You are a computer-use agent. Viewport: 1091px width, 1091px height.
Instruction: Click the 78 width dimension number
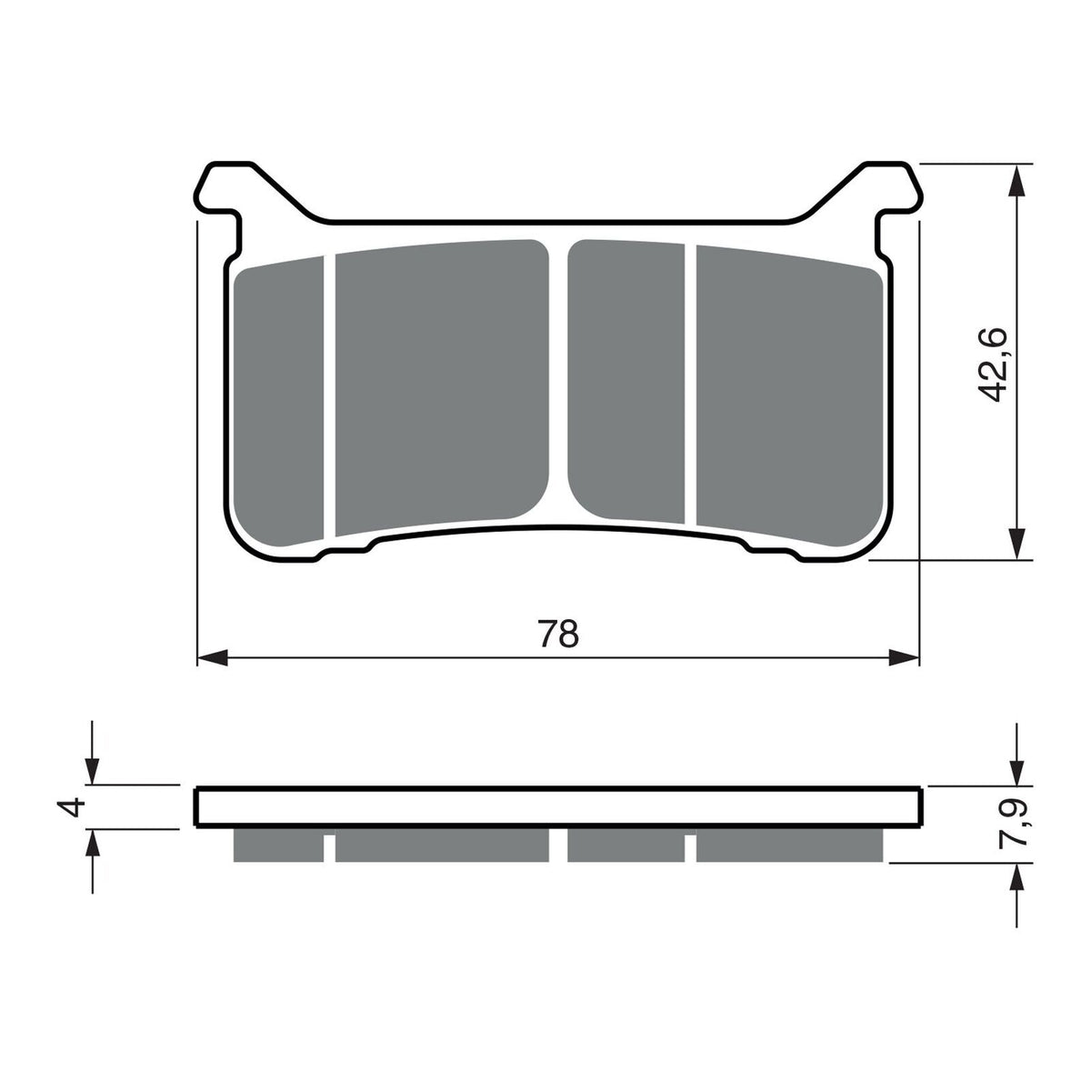click(558, 633)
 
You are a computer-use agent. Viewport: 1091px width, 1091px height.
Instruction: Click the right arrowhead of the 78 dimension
click(905, 656)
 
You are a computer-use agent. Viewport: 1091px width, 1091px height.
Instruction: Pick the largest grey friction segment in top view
click(442, 386)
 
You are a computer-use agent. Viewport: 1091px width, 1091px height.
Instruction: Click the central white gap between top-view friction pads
click(558, 382)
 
